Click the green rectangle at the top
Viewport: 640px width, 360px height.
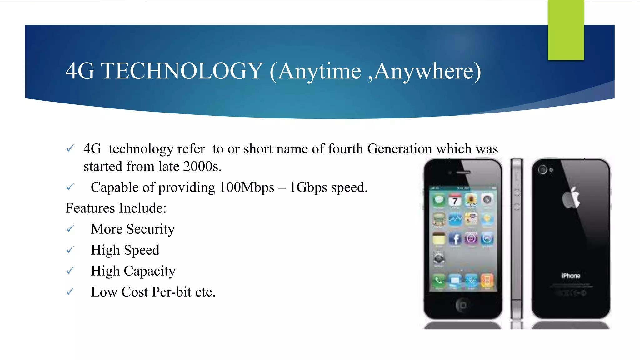566,30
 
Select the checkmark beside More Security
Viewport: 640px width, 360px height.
70,229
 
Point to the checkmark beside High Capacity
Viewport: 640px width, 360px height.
70,271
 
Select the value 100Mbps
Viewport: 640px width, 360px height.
247,187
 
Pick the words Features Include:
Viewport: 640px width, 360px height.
116,208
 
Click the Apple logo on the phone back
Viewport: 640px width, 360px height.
571,198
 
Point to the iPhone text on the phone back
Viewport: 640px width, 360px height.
571,276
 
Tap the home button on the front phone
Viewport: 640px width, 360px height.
463,305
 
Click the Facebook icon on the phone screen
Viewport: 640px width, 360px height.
455,239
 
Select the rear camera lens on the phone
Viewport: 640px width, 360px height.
542,170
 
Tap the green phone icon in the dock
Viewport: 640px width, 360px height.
439,280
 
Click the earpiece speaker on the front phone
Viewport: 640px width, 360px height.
463,172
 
